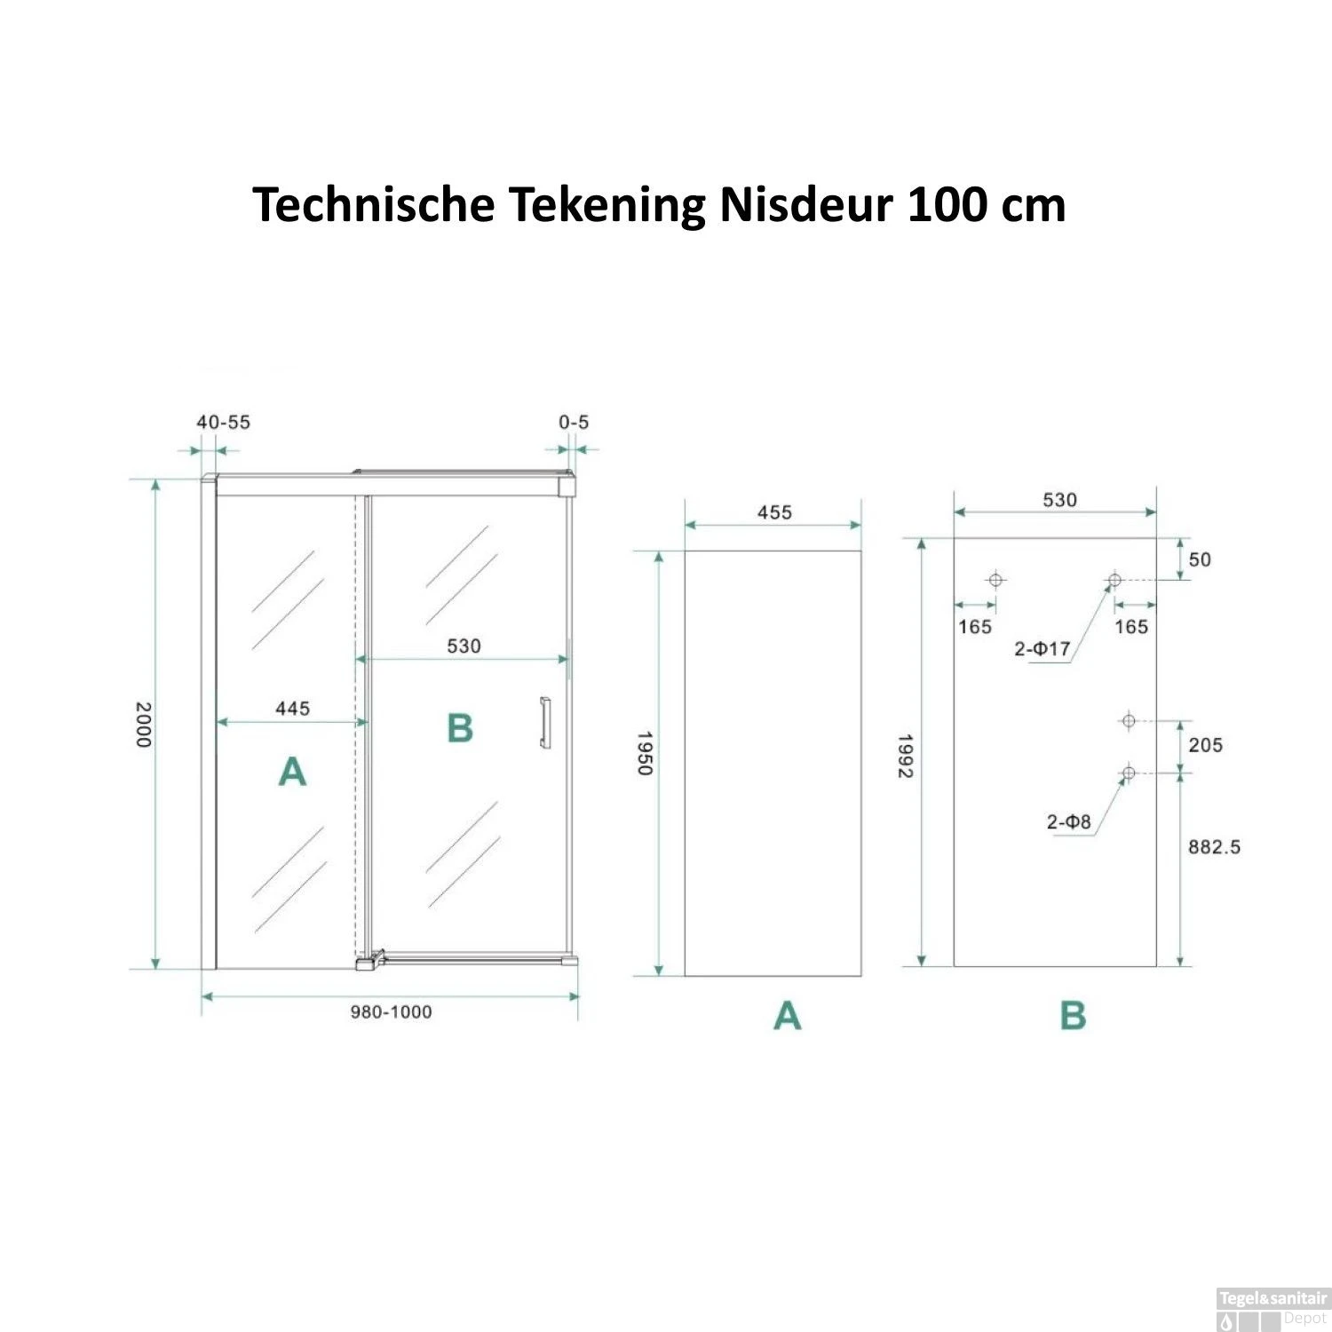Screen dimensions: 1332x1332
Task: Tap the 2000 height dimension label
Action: point(144,725)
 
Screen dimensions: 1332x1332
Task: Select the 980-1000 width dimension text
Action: point(391,1012)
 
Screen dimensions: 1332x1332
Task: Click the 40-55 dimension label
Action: point(223,423)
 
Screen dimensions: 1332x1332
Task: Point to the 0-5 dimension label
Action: point(574,423)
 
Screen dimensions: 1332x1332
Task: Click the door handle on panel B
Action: point(544,724)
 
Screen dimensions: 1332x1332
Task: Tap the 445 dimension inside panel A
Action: point(293,709)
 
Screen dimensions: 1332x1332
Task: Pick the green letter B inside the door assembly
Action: point(460,728)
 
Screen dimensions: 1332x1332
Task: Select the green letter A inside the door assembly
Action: point(292,772)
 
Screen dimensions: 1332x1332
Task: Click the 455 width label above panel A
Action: point(774,512)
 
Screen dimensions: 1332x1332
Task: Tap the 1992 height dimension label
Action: point(905,756)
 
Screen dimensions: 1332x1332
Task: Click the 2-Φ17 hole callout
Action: point(1043,649)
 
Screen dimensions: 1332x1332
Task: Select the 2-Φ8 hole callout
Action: point(1068,822)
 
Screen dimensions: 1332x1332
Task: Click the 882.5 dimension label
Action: point(1214,847)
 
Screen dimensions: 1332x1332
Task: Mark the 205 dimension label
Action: point(1205,745)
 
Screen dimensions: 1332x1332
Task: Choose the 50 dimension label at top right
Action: point(1200,559)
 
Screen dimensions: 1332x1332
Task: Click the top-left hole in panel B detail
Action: point(995,580)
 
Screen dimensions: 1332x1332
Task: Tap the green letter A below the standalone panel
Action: point(788,1015)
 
